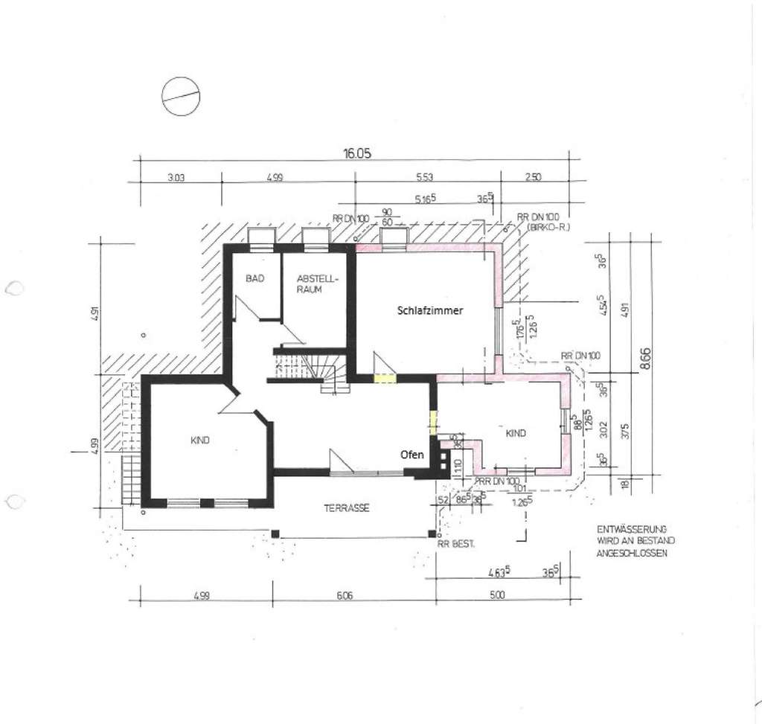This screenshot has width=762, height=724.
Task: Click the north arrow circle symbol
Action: tap(182, 97)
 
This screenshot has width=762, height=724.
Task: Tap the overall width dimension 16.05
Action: tap(356, 153)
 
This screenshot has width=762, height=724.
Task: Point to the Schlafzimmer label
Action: tap(429, 313)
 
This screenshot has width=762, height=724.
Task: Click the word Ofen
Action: tap(412, 455)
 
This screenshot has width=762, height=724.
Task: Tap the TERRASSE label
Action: tap(347, 508)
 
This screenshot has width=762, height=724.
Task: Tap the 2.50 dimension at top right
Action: tap(533, 177)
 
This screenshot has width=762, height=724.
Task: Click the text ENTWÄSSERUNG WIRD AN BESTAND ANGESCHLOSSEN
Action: tap(631, 539)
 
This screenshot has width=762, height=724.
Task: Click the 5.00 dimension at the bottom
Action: tap(497, 595)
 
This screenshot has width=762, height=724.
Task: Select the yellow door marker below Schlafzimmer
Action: tap(383, 378)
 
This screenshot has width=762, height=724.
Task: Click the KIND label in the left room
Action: tap(200, 441)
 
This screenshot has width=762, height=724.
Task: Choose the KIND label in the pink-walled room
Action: tap(516, 432)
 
